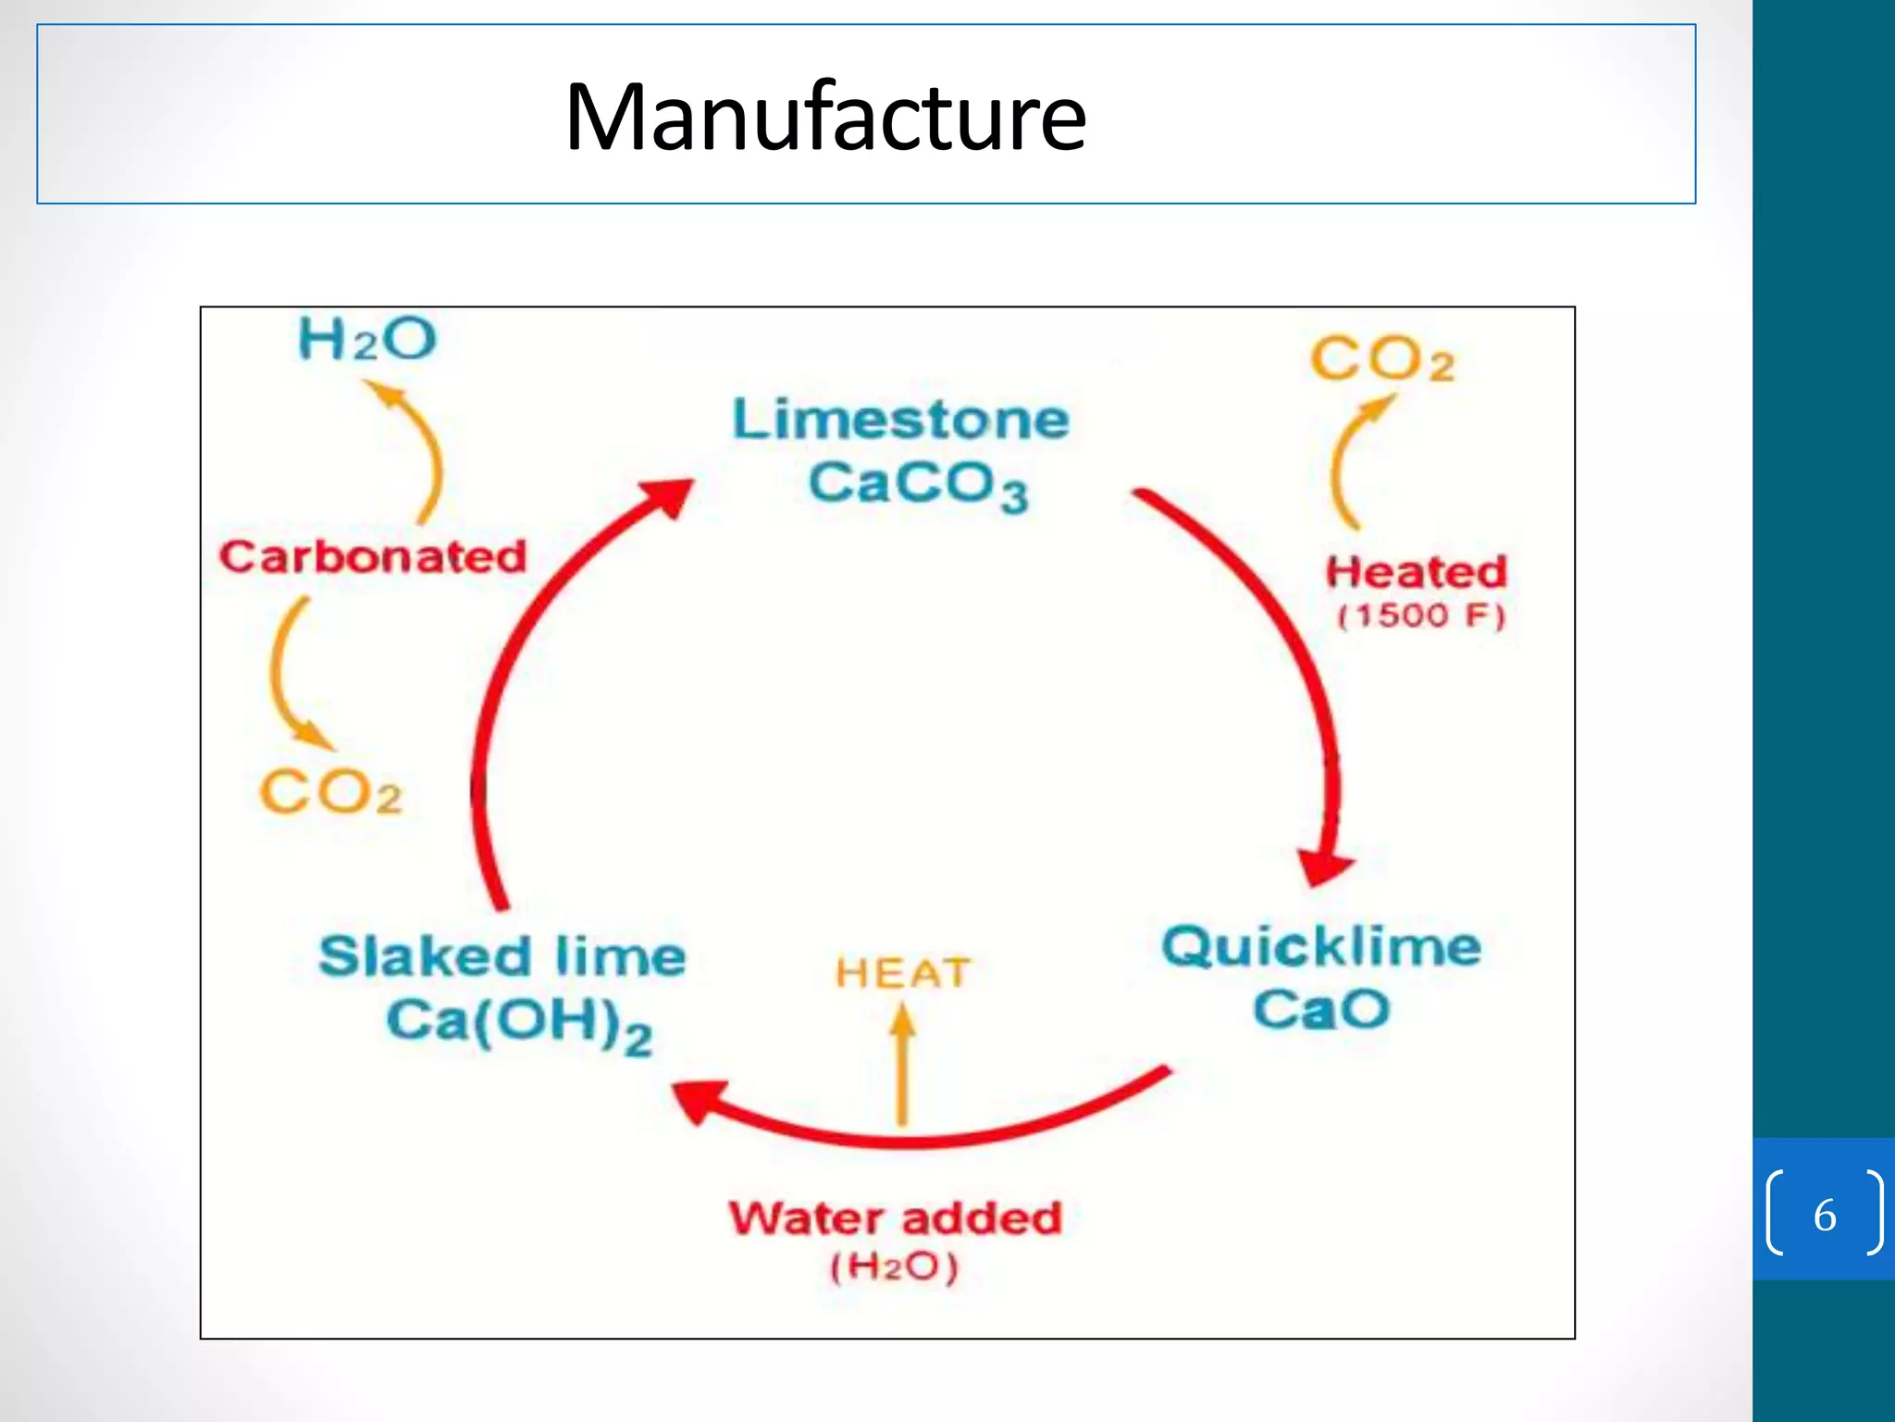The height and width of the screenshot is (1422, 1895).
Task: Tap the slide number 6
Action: [1825, 1216]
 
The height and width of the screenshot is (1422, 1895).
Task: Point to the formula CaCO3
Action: [918, 486]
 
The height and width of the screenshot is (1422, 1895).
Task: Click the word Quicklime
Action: [1321, 947]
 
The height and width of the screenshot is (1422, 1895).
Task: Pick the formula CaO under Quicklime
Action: [1321, 1009]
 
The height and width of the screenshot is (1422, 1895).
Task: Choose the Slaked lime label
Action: [502, 956]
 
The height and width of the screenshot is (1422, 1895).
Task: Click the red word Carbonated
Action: [373, 557]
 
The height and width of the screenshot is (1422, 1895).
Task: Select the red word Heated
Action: [1417, 572]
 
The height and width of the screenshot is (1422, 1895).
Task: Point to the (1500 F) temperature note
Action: [1422, 617]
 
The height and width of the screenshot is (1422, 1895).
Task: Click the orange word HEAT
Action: [902, 974]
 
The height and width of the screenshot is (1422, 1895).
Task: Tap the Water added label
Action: [896, 1218]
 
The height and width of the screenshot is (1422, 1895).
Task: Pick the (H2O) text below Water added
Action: [894, 1266]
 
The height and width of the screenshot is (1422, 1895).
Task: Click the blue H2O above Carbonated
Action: [367, 339]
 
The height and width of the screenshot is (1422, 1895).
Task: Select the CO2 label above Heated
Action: [1382, 359]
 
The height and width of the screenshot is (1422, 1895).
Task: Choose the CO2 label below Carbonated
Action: [331, 793]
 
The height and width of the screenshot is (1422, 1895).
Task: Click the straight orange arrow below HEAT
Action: [902, 1065]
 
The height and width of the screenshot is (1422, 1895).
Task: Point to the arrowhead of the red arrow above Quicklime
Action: [1324, 868]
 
